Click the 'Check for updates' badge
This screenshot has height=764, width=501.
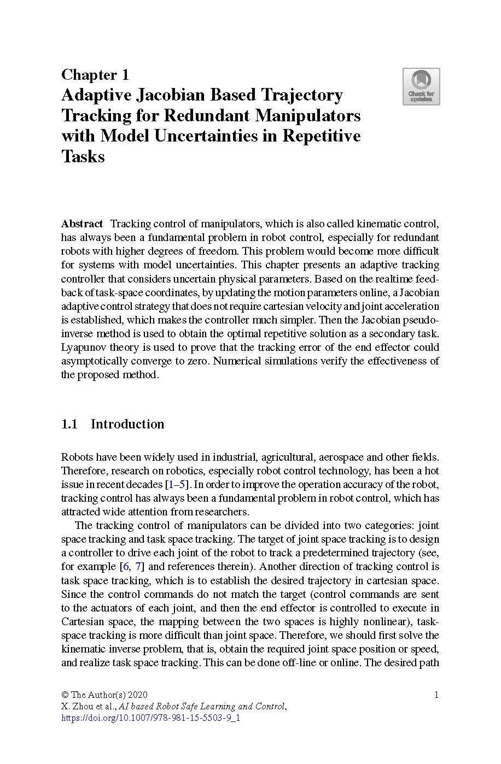tap(421, 86)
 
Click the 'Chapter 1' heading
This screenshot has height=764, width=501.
tap(95, 74)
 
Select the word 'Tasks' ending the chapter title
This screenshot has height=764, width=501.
tap(83, 157)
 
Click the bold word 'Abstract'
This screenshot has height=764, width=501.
tap(82, 224)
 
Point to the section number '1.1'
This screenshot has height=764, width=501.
tap(69, 424)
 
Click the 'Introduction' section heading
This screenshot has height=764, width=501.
tap(127, 424)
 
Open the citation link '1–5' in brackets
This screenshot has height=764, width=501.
tap(178, 485)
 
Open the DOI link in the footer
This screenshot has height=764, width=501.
tap(150, 718)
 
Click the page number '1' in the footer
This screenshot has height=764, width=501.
tap(436, 695)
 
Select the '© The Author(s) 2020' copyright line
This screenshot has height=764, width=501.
tap(104, 695)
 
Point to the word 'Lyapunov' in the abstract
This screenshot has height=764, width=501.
tap(83, 348)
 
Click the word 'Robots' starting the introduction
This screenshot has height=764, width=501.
tap(76, 457)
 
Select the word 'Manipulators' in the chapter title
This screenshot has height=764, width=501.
tap(309, 116)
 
